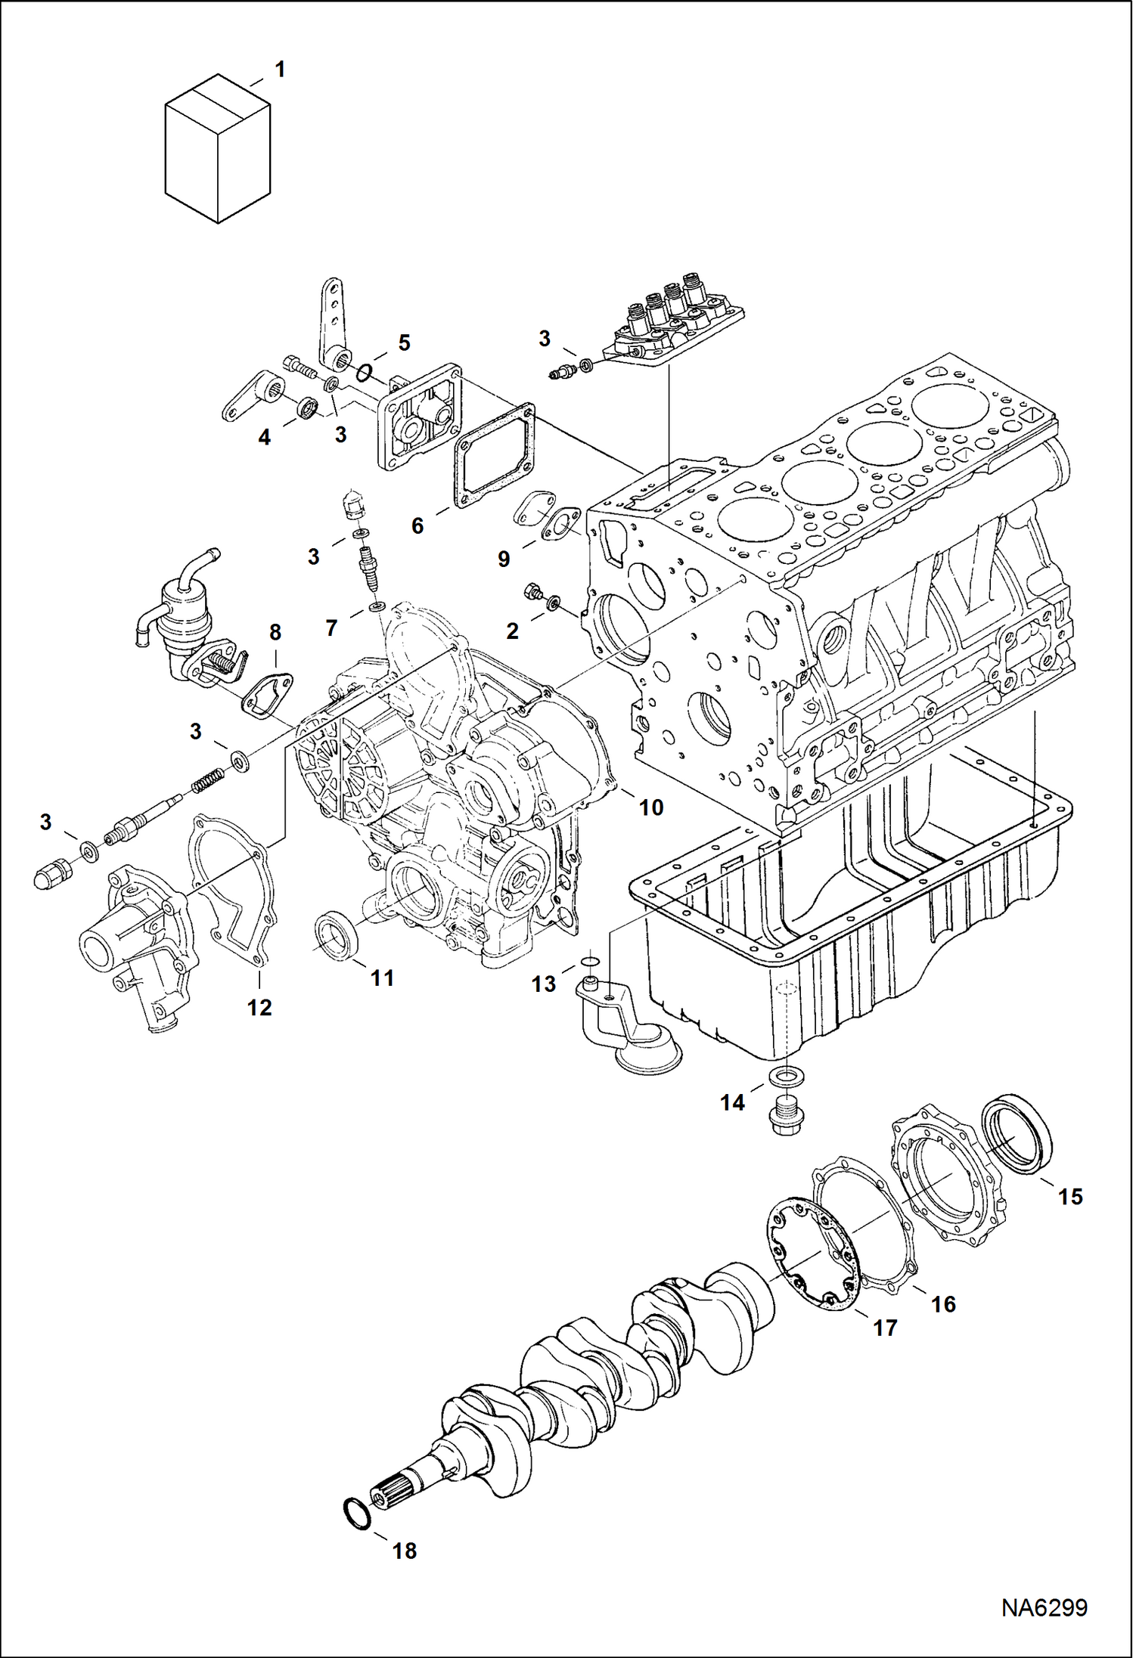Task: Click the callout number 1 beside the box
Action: [280, 70]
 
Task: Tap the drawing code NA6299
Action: [1044, 1607]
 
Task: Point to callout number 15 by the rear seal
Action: [1070, 1197]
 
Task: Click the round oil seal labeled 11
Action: [334, 936]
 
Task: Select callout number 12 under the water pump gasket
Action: [259, 1007]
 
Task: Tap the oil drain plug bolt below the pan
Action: [786, 1113]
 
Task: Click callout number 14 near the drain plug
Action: [731, 1103]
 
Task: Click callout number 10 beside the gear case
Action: [650, 807]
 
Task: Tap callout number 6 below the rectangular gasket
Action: [417, 525]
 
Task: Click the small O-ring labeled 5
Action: [365, 371]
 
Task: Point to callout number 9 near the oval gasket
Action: [504, 559]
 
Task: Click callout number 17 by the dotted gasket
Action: [885, 1328]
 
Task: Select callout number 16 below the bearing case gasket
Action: [943, 1303]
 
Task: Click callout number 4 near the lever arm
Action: [264, 437]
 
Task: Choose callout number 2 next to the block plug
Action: [512, 631]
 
